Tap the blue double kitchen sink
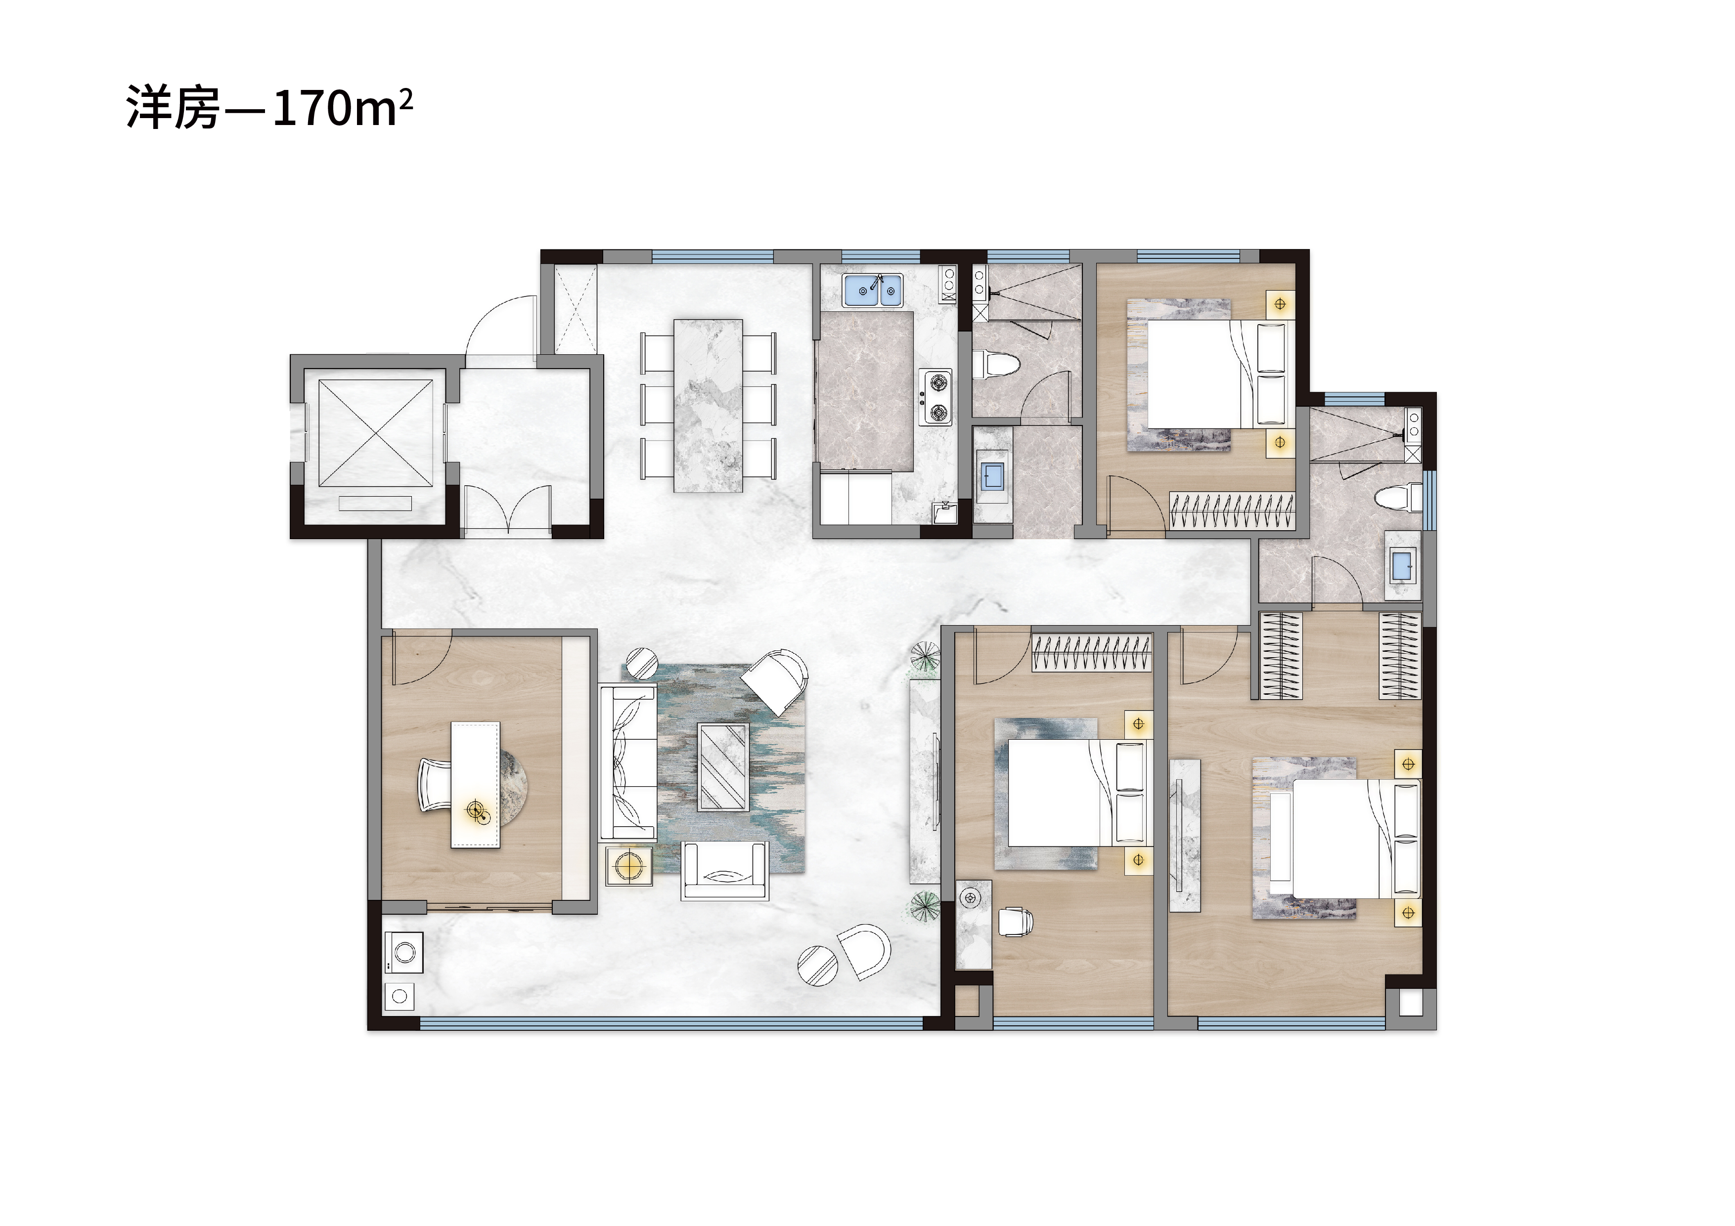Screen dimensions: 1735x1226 click(x=873, y=290)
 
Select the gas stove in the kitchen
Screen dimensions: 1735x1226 click(x=935, y=397)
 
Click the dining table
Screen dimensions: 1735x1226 click(x=708, y=406)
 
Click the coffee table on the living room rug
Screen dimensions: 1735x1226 click(x=723, y=767)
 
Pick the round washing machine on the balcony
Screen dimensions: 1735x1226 click(x=403, y=948)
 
